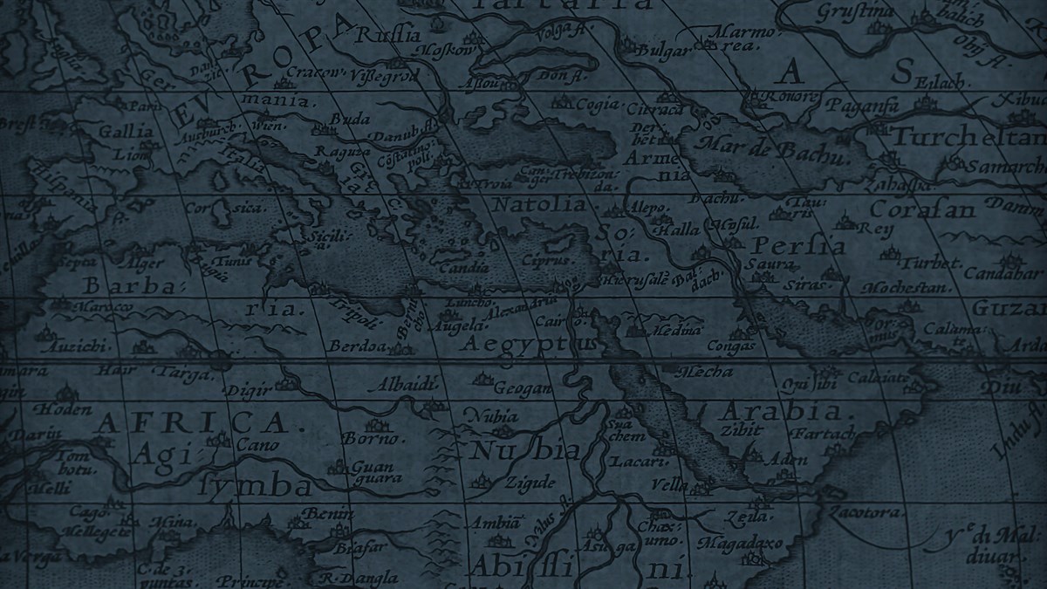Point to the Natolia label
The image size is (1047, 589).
click(540, 205)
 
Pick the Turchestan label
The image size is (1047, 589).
click(968, 139)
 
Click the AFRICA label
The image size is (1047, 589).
click(191, 423)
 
